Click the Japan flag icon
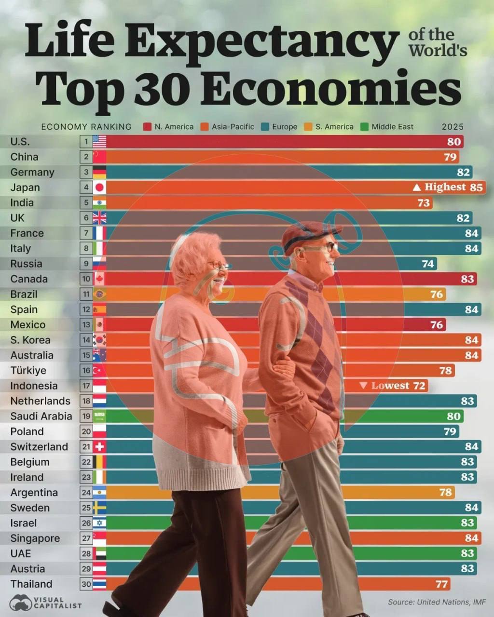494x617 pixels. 99,188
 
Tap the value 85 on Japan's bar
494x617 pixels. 476,187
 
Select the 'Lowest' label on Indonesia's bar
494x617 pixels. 390,386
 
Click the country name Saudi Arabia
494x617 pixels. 41,416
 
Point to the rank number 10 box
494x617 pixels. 86,279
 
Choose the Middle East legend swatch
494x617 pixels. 364,127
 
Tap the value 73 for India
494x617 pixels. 424,202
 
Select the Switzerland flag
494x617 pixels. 99,447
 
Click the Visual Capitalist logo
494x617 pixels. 46,603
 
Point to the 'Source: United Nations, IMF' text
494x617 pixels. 437,602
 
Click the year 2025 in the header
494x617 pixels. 453,127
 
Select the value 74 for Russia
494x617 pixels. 428,264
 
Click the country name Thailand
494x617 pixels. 31,584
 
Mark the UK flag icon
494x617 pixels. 99,218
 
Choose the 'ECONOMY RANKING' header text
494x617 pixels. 86,127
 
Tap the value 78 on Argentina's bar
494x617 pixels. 445,492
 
